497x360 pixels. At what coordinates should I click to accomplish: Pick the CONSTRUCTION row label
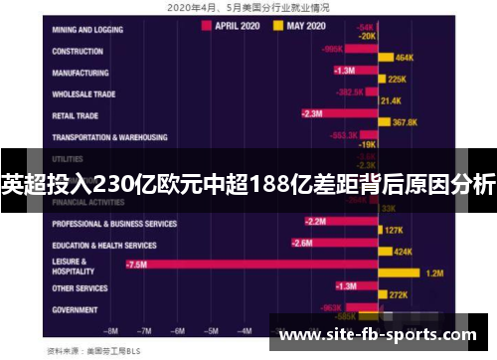[x=79, y=51]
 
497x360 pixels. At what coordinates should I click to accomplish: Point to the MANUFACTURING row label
[x=81, y=73]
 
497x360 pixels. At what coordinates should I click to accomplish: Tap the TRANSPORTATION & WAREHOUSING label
[x=109, y=137]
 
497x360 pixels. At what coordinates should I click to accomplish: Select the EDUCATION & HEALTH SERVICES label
[x=104, y=245]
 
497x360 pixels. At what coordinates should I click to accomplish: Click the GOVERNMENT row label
[x=76, y=309]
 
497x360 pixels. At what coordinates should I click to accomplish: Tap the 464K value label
[x=404, y=58]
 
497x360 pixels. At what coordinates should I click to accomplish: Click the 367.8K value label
[x=405, y=122]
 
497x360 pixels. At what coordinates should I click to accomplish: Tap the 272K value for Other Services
[x=398, y=295]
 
